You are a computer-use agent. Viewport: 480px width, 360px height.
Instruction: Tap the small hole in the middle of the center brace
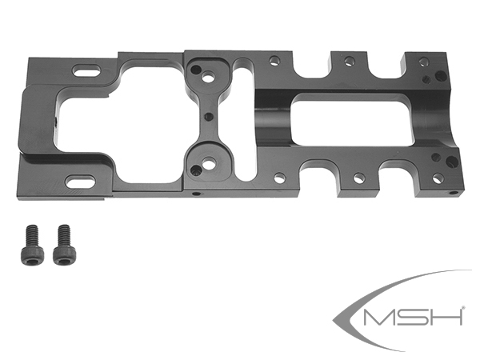tap(207, 117)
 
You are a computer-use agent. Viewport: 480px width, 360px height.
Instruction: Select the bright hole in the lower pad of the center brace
tap(209, 164)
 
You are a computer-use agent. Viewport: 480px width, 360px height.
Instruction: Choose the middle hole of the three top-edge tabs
tap(348, 61)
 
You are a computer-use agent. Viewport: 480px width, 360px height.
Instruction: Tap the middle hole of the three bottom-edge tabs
tap(358, 177)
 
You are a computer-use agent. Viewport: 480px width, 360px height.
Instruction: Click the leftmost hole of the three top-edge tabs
tap(274, 60)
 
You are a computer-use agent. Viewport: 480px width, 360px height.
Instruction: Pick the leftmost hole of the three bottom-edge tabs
tap(279, 178)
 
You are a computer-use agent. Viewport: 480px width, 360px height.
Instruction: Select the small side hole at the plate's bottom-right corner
tap(454, 193)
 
